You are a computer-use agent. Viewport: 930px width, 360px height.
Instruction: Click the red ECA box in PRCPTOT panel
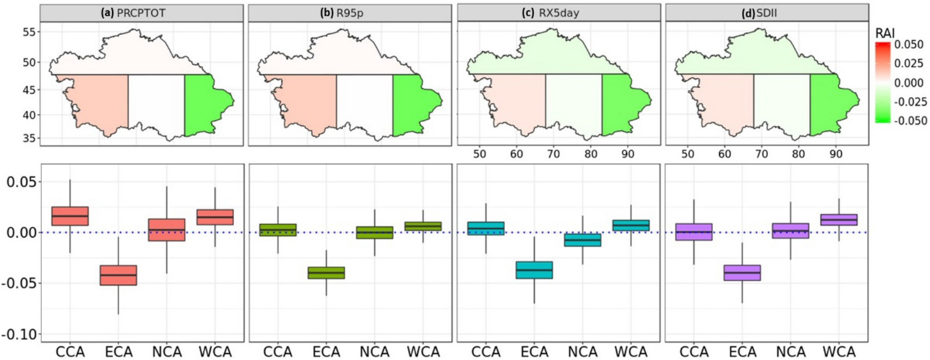[x=118, y=275]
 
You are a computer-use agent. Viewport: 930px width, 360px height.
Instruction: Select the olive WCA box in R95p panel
[x=423, y=226]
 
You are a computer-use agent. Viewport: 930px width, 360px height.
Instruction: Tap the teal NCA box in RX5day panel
[x=583, y=240]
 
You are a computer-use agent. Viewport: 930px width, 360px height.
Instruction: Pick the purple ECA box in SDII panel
[x=742, y=273]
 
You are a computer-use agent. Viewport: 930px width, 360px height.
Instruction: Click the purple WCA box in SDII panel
[x=839, y=220]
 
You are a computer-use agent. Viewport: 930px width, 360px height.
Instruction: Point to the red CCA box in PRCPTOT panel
[x=70, y=216]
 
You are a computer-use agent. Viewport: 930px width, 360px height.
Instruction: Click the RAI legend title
[x=885, y=33]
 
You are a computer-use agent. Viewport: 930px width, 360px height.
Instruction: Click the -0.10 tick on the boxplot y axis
[x=21, y=334]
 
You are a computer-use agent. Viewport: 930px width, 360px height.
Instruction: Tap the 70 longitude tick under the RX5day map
[x=553, y=154]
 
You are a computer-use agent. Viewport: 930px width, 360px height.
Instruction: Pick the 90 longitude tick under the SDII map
[x=836, y=154]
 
